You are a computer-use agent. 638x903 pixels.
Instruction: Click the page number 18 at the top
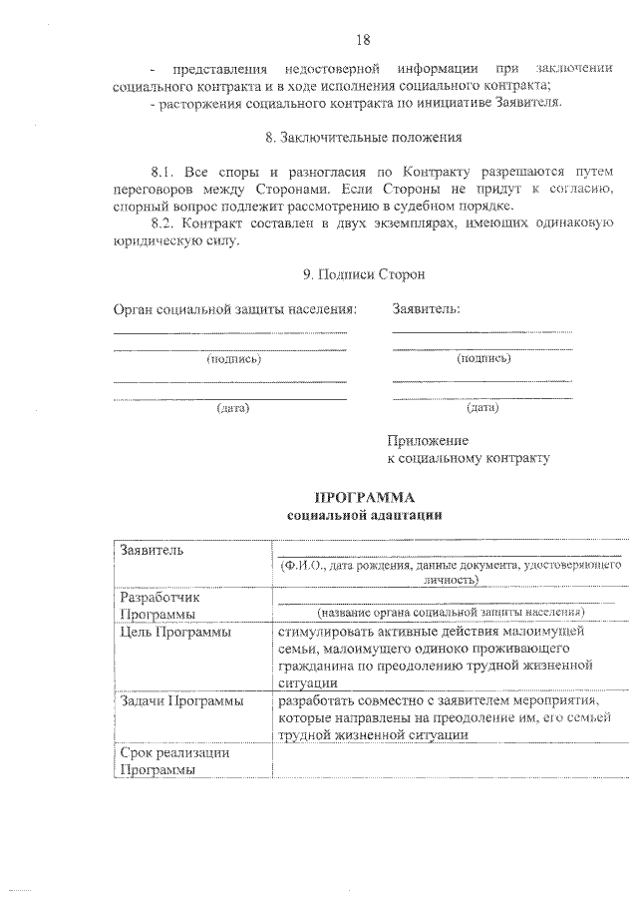[x=362, y=39]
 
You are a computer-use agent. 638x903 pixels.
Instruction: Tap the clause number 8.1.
[x=162, y=173]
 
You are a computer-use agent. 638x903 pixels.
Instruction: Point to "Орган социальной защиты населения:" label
[x=234, y=309]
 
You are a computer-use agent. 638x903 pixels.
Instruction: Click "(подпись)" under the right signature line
[x=483, y=356]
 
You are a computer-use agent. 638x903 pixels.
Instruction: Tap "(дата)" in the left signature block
[x=233, y=407]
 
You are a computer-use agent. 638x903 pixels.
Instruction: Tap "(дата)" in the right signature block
[x=482, y=406]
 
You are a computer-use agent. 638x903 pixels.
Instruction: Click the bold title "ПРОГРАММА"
[x=364, y=497]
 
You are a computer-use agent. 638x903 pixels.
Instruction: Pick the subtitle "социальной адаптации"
[x=364, y=515]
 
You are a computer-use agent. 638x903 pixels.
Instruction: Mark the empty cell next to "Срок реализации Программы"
[x=448, y=761]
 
